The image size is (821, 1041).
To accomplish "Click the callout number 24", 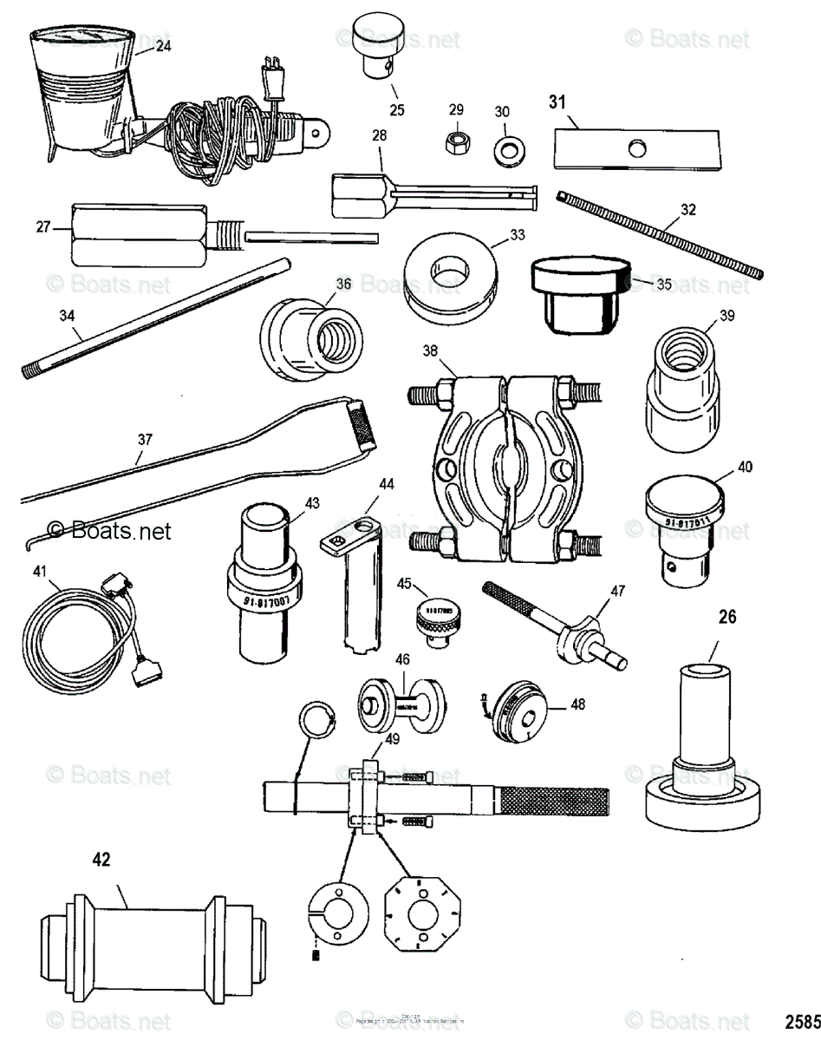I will click(163, 47).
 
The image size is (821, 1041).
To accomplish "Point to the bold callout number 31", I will click(557, 101).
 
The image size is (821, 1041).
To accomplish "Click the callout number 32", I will click(687, 210).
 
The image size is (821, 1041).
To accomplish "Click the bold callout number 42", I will click(102, 860).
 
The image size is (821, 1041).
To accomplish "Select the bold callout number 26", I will click(727, 617).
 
